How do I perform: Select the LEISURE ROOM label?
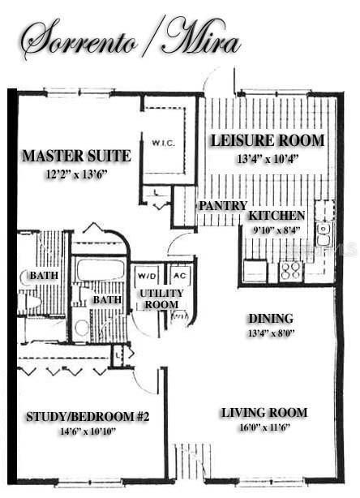[x=268, y=140]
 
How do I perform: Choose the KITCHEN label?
[x=276, y=216]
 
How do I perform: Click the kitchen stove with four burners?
[x=290, y=271]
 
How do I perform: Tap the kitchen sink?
[x=324, y=235]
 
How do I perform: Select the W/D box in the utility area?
[x=147, y=275]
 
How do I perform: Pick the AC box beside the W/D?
[x=180, y=275]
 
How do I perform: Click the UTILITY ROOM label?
[x=161, y=298]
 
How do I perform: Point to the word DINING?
[x=271, y=319]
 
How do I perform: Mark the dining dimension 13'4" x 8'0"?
[x=271, y=333]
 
